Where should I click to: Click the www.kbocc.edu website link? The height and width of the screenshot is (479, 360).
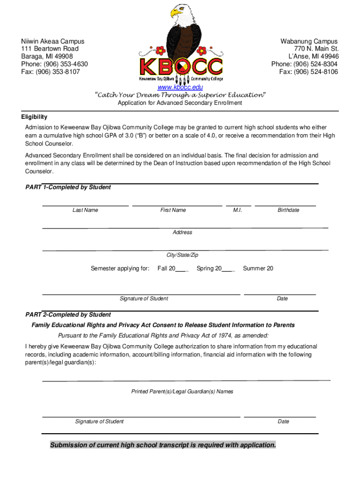click(x=180, y=87)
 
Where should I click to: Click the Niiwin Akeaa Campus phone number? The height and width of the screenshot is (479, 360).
click(x=54, y=64)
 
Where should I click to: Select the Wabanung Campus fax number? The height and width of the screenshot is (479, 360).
click(x=309, y=72)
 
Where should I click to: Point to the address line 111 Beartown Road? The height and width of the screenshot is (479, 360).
click(x=50, y=49)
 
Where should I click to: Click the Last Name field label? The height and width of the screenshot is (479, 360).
click(x=85, y=210)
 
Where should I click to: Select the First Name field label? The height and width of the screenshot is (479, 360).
click(x=173, y=210)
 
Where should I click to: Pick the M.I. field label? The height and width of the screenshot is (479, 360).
click(x=238, y=210)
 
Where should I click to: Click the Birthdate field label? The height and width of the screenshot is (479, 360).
click(x=288, y=210)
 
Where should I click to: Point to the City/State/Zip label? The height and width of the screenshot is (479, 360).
click(x=182, y=255)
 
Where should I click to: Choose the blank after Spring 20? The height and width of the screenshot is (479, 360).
click(x=228, y=269)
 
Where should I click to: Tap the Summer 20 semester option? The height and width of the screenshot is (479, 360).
click(x=258, y=269)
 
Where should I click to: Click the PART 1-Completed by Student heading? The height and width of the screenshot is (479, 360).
click(x=68, y=187)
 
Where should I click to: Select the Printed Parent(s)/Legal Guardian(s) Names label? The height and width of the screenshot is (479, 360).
click(x=182, y=392)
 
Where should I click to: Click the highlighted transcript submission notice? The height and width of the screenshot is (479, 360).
click(x=163, y=445)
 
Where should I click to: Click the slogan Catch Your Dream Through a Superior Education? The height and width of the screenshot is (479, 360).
click(x=180, y=95)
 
